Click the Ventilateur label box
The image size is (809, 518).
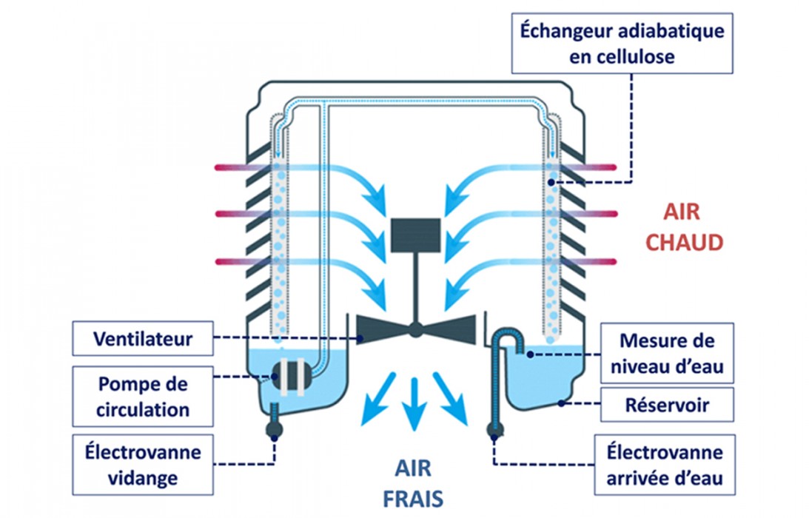point(142,340)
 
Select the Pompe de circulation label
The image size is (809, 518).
point(142,396)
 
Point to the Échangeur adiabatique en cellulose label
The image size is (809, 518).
point(622,44)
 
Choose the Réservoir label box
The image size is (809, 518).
point(667,405)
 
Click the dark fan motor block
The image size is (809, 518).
point(415,233)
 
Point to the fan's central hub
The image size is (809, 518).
point(415,330)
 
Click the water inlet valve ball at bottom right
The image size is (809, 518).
point(495,431)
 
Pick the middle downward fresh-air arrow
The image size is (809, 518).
point(414,400)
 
